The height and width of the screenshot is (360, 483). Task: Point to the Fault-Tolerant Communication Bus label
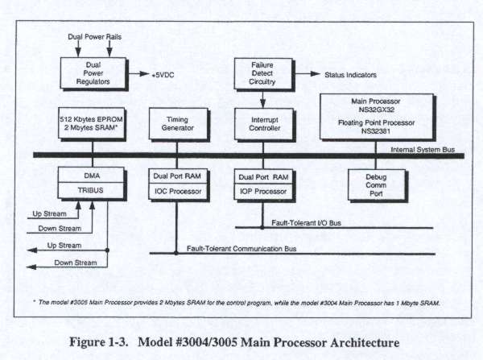coord(241,249)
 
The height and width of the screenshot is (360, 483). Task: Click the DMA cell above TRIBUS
coord(91,174)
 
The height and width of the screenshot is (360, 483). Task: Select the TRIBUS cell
coord(91,190)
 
